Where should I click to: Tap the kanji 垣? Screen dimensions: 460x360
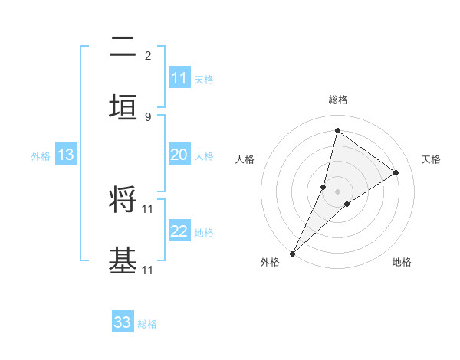pos(123,107)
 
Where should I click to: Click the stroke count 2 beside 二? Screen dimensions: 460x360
pos(148,56)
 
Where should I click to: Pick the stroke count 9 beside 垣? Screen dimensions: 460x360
pos(148,116)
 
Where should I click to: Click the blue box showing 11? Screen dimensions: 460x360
pos(179,78)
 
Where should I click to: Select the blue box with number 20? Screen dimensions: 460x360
pos(179,155)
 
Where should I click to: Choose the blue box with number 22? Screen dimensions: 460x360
pos(179,231)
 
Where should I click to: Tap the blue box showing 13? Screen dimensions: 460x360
pos(65,155)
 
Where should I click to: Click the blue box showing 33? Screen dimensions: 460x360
pos(123,322)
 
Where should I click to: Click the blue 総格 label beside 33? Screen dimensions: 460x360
pos(147,324)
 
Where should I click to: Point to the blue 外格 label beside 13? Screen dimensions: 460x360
pos(41,156)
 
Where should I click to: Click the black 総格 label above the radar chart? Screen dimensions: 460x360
pos(337,100)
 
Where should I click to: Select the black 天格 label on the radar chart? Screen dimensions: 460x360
pos(431,159)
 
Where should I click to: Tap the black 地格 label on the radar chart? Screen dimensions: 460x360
pos(402,262)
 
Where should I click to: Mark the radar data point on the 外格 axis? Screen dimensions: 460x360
pos(292,253)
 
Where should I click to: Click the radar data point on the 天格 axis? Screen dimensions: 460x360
pos(396,172)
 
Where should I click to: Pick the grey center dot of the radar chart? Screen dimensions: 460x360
pos(337,191)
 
